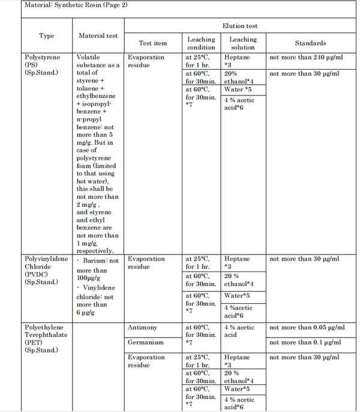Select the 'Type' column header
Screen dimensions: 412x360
point(46,35)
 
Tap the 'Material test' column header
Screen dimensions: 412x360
point(98,35)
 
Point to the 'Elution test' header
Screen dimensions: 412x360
point(240,26)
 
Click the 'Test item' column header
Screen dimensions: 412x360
point(153,43)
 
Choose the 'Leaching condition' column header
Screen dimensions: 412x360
point(201,43)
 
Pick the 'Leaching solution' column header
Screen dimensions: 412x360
point(243,43)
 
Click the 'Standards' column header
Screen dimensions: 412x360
point(310,43)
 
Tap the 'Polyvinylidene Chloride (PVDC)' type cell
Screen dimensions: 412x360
point(46,270)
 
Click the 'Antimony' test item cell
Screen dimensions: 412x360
point(142,328)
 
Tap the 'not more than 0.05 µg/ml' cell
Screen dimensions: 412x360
point(307,328)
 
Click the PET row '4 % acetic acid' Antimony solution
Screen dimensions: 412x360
point(239,332)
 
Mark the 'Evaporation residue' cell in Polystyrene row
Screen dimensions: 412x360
point(146,61)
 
